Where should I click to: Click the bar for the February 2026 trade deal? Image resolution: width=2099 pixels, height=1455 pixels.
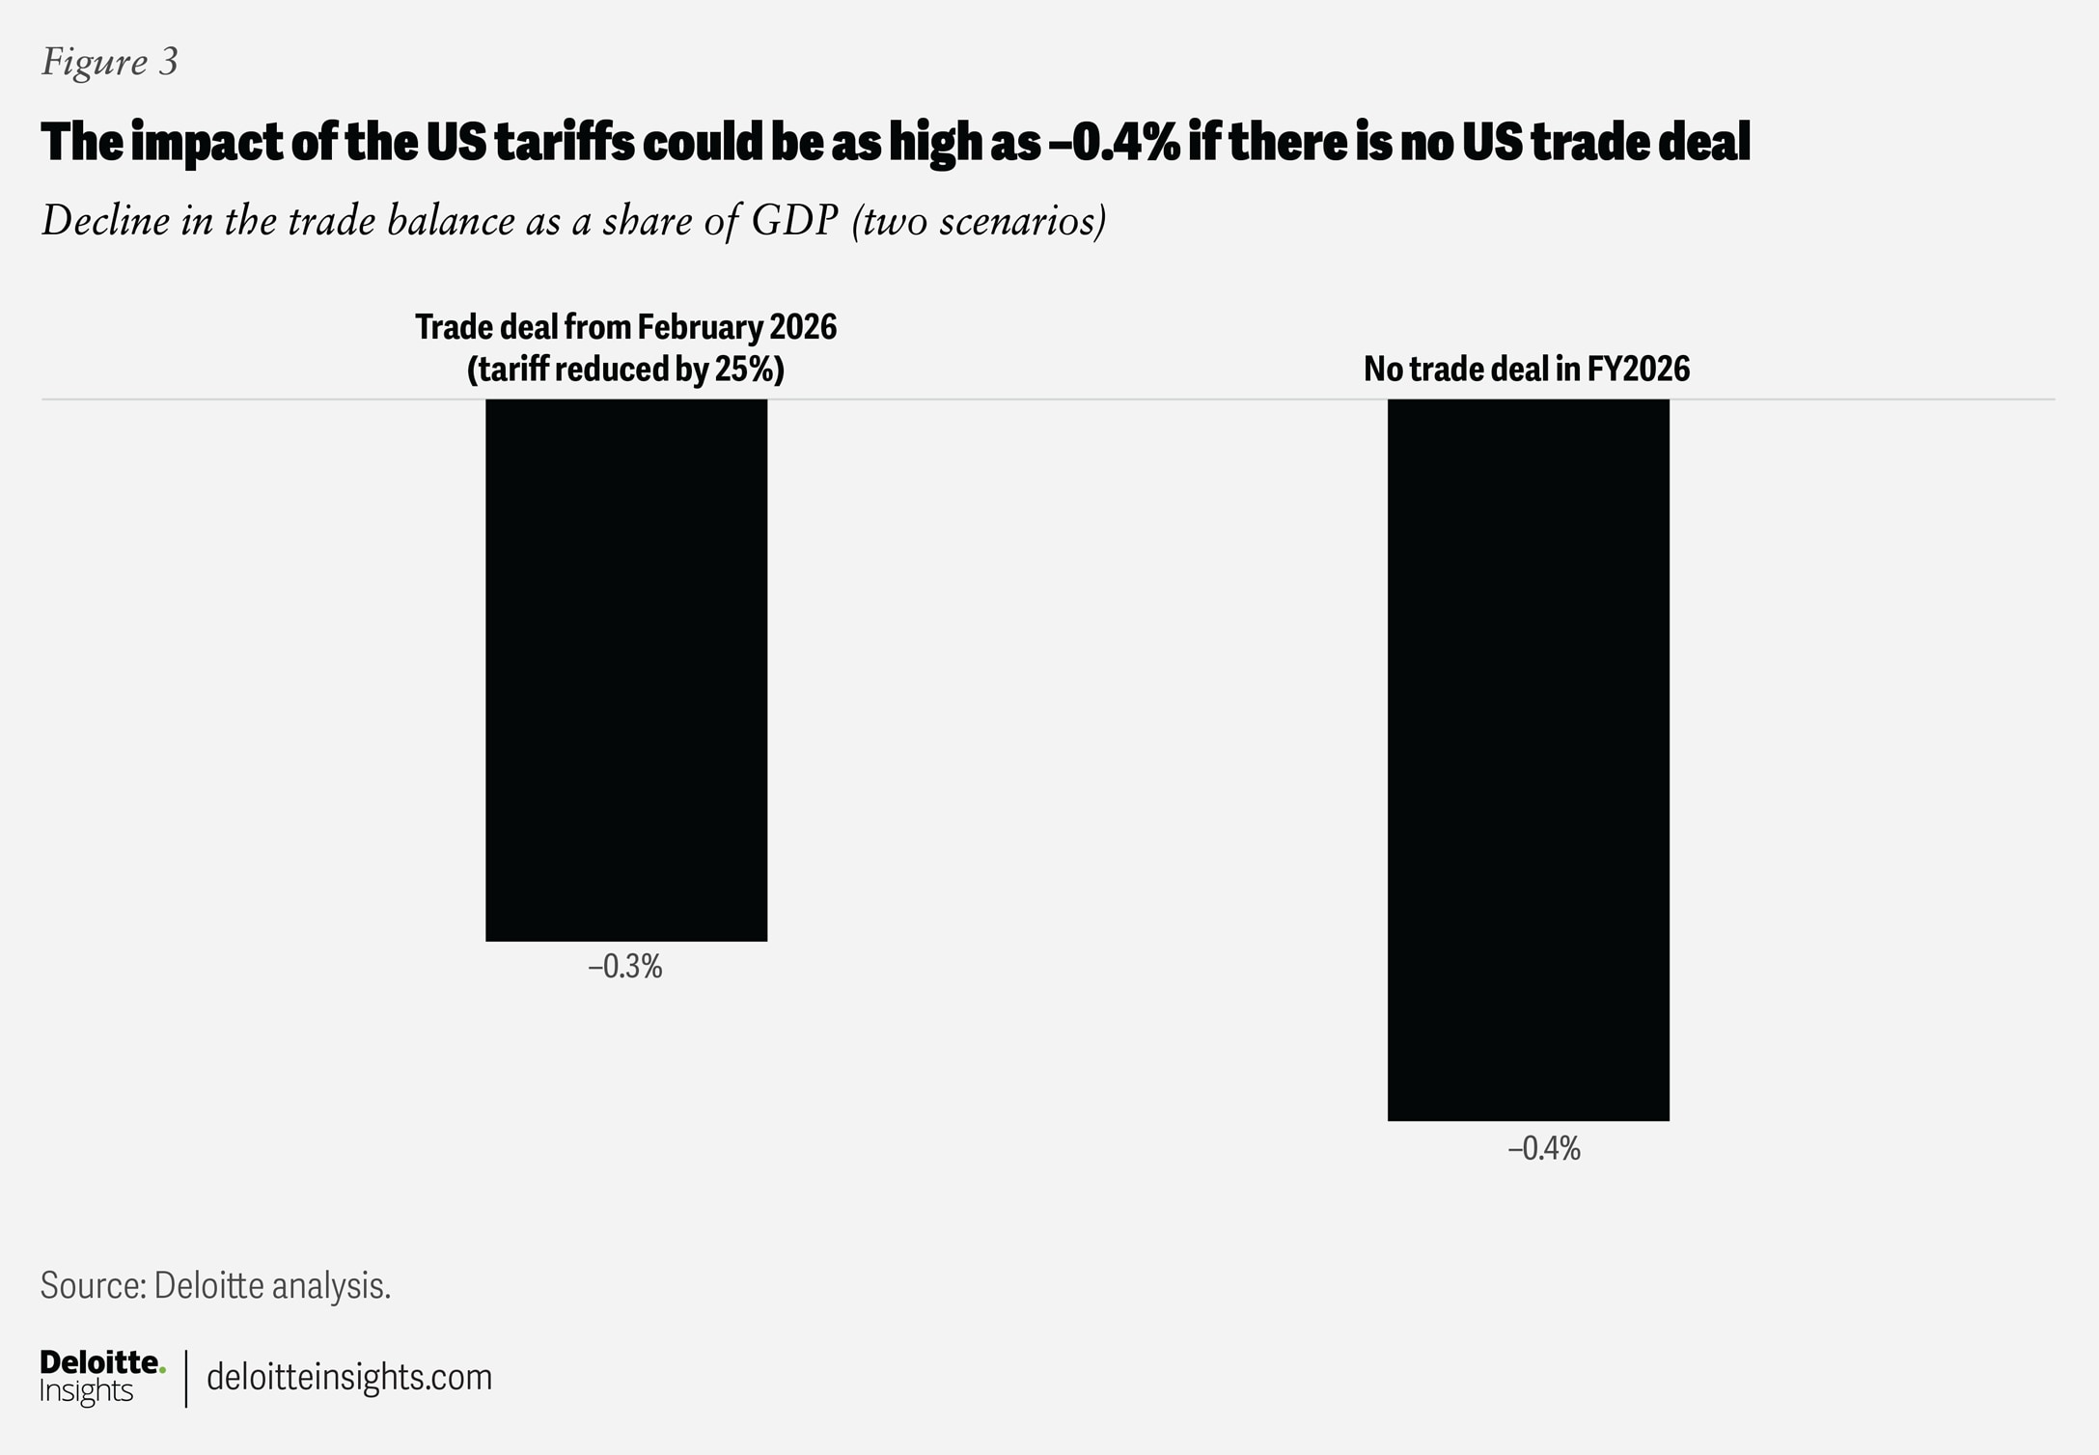626,670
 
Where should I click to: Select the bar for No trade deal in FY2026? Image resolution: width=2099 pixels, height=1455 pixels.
1528,759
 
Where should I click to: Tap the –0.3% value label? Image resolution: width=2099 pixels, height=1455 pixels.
625,967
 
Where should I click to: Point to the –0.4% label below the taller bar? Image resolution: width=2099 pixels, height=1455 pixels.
1544,1148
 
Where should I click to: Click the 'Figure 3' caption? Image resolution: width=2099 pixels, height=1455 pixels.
109,62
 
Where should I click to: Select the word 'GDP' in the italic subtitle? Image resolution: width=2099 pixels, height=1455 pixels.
795,221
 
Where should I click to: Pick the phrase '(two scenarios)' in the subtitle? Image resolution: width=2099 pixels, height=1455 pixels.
979,221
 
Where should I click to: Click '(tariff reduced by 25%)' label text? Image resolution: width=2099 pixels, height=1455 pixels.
625,370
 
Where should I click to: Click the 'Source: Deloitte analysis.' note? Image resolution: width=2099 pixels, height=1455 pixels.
215,1285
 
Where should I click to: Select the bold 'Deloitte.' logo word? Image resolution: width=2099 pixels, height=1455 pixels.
99,1362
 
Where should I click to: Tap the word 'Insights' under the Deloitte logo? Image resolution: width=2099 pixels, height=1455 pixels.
86,1390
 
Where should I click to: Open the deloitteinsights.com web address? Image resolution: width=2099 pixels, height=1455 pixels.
349,1377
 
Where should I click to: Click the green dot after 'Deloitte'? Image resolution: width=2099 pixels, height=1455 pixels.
162,1369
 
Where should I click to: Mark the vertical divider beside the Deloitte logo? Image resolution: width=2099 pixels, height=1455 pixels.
185,1378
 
